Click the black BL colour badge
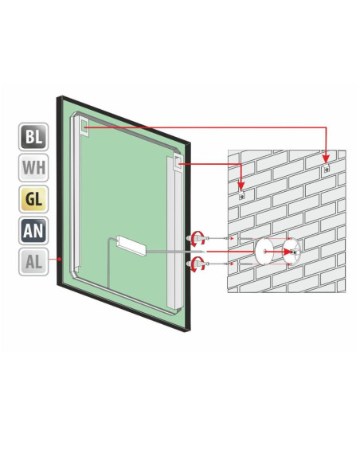tap(33, 137)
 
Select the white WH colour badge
tap(33, 168)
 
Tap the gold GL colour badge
tap(33, 199)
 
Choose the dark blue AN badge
tap(33, 231)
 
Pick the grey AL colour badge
tap(33, 262)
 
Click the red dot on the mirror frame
tap(60, 259)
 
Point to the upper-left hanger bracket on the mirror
tap(84, 127)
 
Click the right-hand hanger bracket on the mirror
tap(178, 162)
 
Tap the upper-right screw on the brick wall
tap(327, 169)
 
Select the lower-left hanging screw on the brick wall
tap(241, 196)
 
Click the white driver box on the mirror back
tap(132, 245)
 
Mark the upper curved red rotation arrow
tap(198, 239)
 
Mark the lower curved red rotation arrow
tap(198, 264)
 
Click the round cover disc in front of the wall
tap(264, 252)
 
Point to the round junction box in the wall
tap(292, 252)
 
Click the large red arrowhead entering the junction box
tap(288, 252)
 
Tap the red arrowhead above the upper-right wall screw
tap(326, 158)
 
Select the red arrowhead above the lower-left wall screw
tap(241, 186)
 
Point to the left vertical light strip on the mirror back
tap(76, 193)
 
